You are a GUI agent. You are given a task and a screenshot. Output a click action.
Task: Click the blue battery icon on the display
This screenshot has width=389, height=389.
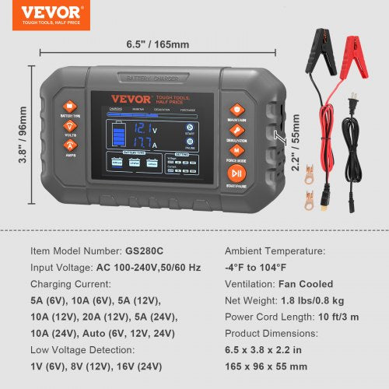click(x=117, y=136)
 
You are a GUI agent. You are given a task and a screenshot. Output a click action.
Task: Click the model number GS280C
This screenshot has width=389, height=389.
click(x=145, y=251)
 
